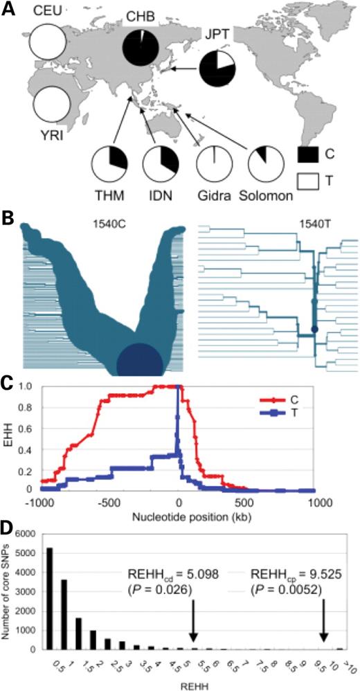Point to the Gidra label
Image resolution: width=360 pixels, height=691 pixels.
[x=213, y=195]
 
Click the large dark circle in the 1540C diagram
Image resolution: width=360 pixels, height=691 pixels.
[x=139, y=364]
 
